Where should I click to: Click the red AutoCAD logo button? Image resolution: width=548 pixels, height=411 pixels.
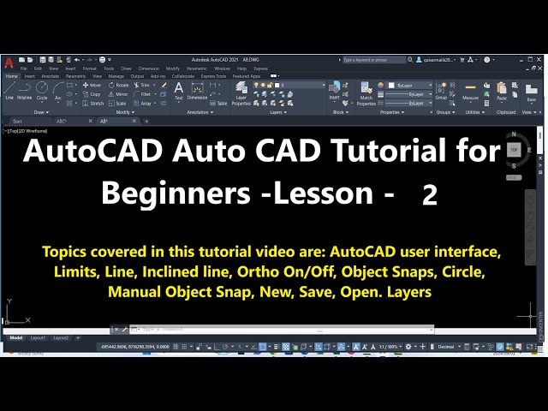[7, 62]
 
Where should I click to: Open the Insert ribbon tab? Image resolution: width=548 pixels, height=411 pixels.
[30, 76]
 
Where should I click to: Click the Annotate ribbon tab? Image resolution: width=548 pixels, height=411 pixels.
[50, 76]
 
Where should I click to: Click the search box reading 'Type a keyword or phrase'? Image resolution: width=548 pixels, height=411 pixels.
[373, 60]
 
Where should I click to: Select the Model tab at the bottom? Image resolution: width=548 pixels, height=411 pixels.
[16, 338]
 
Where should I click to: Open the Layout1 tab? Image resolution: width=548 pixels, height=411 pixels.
[39, 338]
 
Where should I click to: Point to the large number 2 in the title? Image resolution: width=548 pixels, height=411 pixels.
[429, 196]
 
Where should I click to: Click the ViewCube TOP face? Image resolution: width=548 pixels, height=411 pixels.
[514, 149]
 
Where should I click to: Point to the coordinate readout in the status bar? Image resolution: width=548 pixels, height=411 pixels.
[130, 346]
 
